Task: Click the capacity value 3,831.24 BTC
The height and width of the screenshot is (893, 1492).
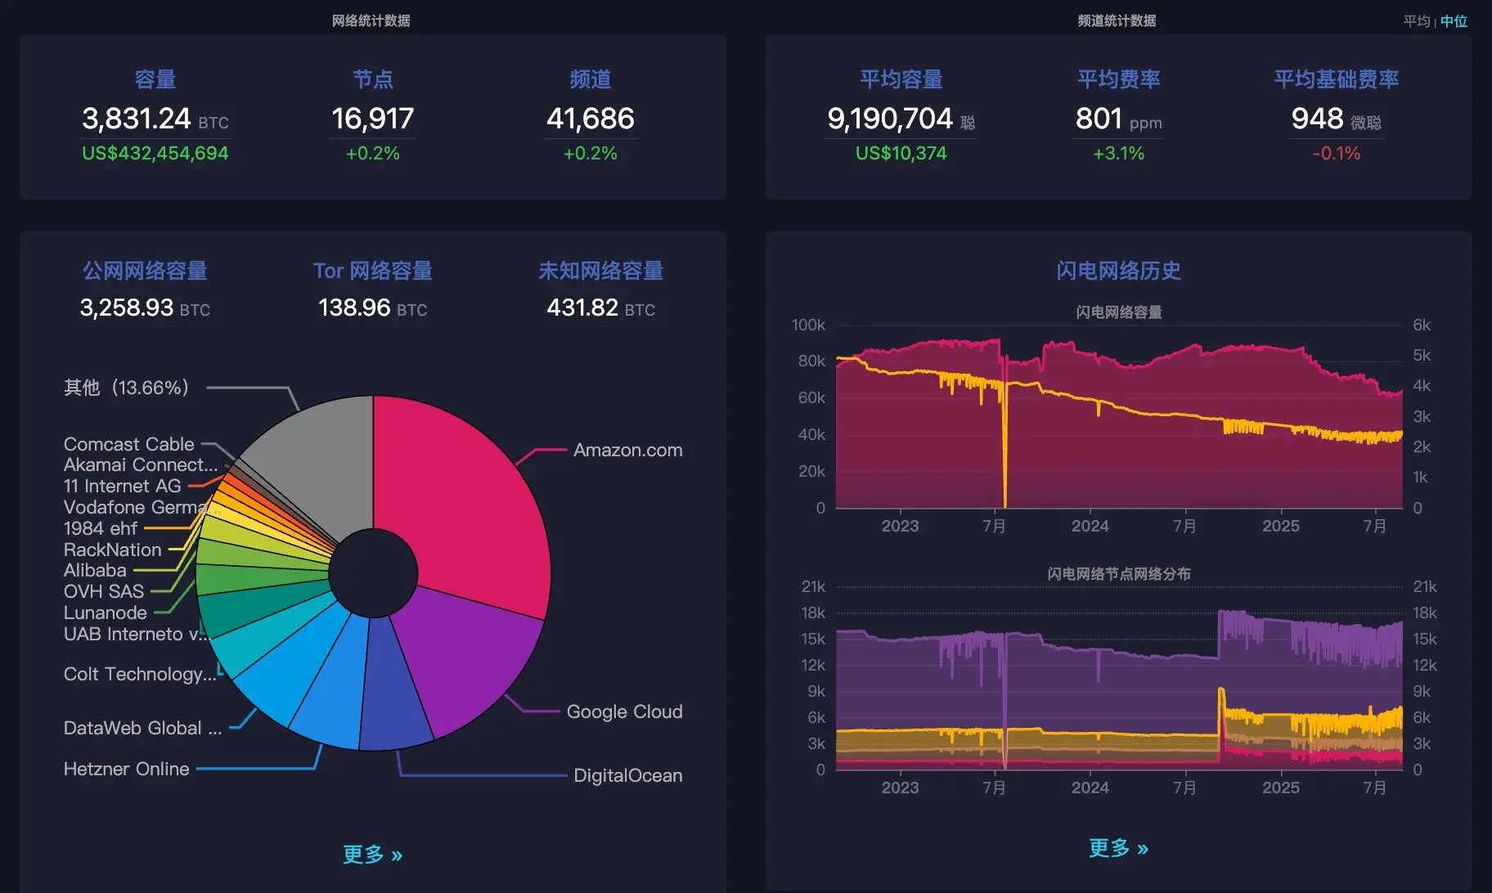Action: click(155, 119)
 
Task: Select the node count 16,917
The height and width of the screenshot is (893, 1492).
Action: click(372, 119)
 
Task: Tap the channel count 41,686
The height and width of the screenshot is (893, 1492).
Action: click(590, 119)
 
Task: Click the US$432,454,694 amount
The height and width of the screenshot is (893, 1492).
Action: click(155, 154)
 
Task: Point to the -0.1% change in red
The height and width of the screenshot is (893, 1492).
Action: click(1336, 154)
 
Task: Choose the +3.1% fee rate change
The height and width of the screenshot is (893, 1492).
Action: click(1118, 154)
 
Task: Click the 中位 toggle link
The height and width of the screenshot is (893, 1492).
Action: click(1454, 21)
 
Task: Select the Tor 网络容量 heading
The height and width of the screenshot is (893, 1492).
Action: click(372, 271)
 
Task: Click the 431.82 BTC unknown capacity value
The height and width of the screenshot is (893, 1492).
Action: click(600, 308)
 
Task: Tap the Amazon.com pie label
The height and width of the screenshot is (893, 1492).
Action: click(627, 450)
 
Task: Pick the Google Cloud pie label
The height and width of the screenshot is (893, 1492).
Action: click(624, 711)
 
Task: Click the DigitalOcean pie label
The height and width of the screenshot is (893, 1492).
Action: click(627, 775)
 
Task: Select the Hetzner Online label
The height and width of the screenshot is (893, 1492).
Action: click(127, 769)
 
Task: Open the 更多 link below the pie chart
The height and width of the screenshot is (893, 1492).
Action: click(372, 855)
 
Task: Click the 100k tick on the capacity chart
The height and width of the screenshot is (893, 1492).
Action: click(808, 325)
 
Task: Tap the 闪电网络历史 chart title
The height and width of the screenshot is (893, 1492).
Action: click(1118, 271)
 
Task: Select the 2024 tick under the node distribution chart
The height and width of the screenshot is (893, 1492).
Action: click(1090, 788)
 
